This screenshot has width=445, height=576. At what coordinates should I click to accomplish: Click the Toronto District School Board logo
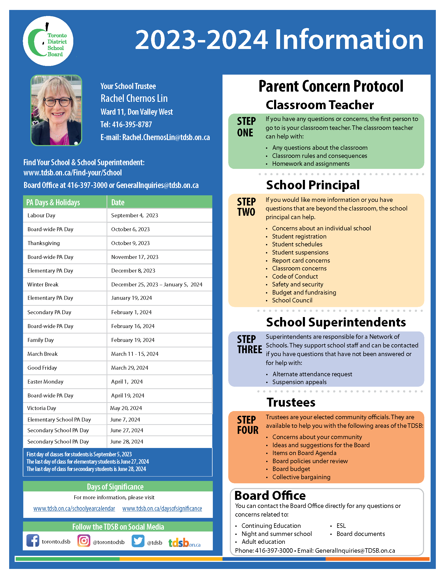(48, 41)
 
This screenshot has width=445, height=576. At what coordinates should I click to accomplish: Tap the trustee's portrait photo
(56, 110)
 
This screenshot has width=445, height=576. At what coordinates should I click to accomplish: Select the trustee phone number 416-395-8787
(132, 124)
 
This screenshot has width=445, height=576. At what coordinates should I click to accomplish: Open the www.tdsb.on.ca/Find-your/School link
(73, 173)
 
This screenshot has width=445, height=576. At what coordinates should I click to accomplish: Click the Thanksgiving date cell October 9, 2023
(130, 243)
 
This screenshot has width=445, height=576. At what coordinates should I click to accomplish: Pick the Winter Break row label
(43, 285)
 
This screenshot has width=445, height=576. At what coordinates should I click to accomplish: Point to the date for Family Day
(133, 340)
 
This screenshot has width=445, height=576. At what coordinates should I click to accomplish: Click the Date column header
(118, 203)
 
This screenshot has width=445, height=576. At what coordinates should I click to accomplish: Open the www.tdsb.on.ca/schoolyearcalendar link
(74, 509)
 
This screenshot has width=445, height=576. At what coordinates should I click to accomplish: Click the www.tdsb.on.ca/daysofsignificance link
(162, 509)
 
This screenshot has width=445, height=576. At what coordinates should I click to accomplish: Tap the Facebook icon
(33, 541)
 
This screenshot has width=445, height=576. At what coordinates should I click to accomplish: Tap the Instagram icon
(84, 541)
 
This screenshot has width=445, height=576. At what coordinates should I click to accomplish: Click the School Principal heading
(313, 185)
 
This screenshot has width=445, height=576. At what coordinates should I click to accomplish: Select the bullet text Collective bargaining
(301, 477)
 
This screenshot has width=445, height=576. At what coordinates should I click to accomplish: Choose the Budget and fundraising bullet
(304, 292)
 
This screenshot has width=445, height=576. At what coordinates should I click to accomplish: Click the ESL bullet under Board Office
(341, 526)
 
